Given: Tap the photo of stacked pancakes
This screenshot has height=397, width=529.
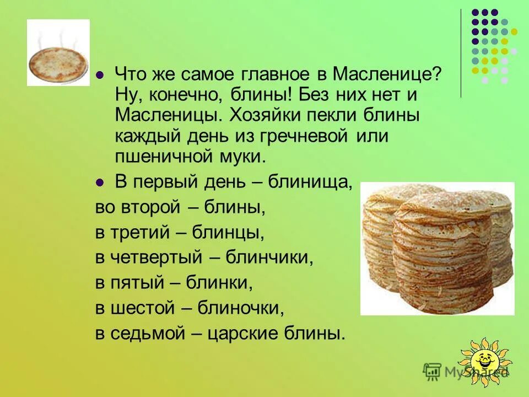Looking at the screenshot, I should coord(437,248).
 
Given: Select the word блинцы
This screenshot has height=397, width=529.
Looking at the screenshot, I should coord(228,233).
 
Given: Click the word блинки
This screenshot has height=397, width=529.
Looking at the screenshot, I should coord(219,283).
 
